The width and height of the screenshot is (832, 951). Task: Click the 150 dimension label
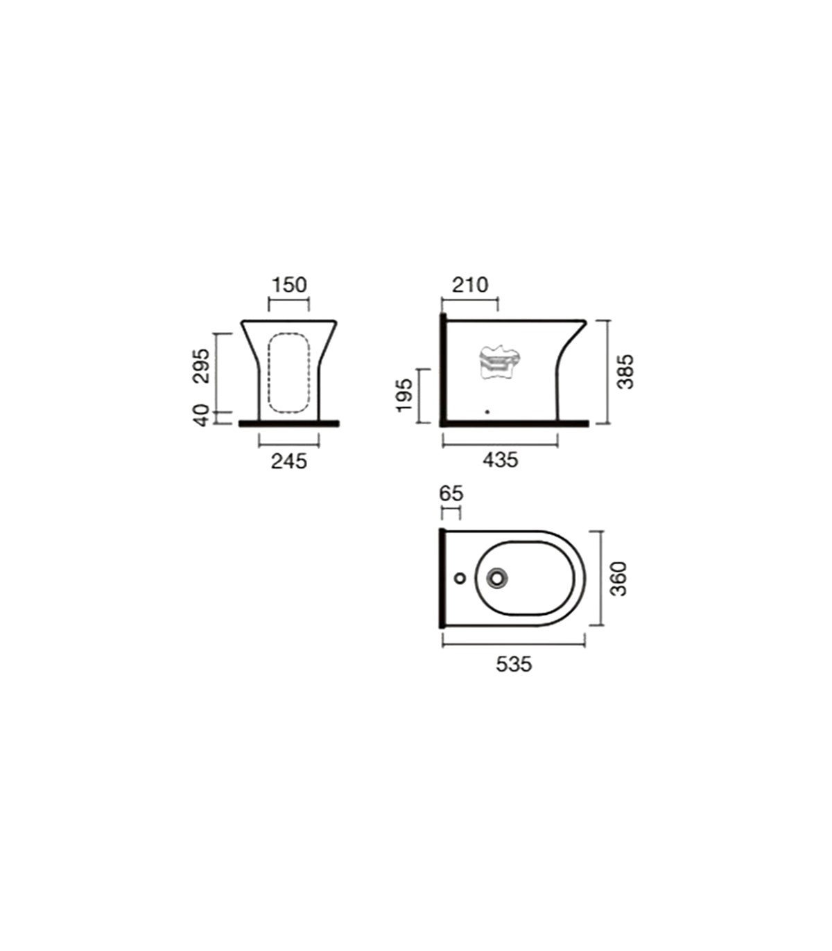(x=289, y=285)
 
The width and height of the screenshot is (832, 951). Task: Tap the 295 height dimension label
(x=202, y=366)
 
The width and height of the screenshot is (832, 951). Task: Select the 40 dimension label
(x=202, y=415)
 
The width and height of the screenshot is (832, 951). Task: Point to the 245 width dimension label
(x=289, y=461)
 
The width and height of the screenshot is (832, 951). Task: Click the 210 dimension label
(x=470, y=285)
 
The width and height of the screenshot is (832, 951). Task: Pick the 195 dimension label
(x=404, y=395)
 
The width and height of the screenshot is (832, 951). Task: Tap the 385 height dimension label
(x=625, y=372)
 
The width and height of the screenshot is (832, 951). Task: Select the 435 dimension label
(x=500, y=460)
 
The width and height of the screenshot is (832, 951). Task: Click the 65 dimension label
(x=451, y=494)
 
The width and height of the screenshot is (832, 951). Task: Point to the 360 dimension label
(x=618, y=579)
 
